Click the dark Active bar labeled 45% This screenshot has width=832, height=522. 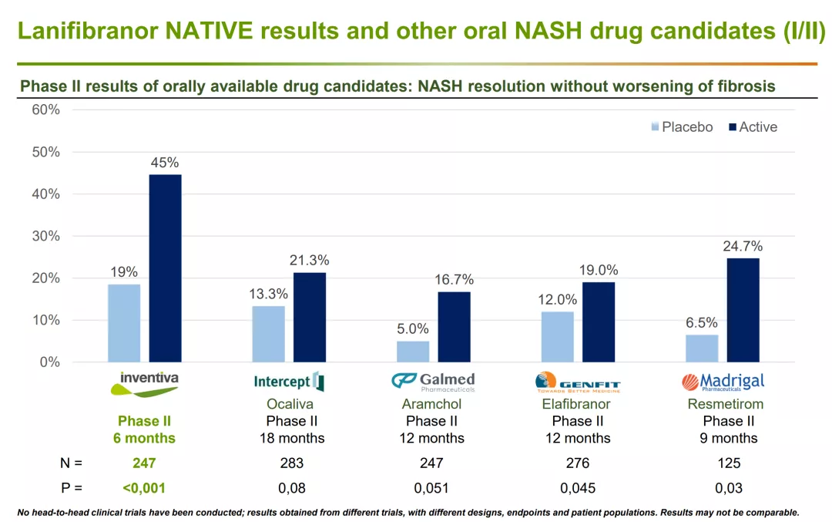(165, 268)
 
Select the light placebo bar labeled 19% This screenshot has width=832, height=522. (124, 323)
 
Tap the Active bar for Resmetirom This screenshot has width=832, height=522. (743, 310)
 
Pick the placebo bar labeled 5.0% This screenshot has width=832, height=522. (413, 352)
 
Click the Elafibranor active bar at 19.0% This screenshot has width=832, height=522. (599, 322)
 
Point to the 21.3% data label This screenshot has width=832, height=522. (310, 260)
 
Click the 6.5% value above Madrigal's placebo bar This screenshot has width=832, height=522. (702, 322)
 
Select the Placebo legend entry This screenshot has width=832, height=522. (682, 127)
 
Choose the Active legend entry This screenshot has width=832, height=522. (753, 127)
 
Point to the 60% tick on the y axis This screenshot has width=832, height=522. (45, 110)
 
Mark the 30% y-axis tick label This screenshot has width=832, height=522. (45, 236)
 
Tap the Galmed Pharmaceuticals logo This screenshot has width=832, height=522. (433, 382)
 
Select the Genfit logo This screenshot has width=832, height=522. (577, 382)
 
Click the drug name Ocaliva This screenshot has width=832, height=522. (290, 404)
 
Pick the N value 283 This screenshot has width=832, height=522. (292, 463)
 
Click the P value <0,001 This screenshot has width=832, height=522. (144, 488)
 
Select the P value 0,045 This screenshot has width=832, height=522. (578, 488)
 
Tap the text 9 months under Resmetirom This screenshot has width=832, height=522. (729, 438)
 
